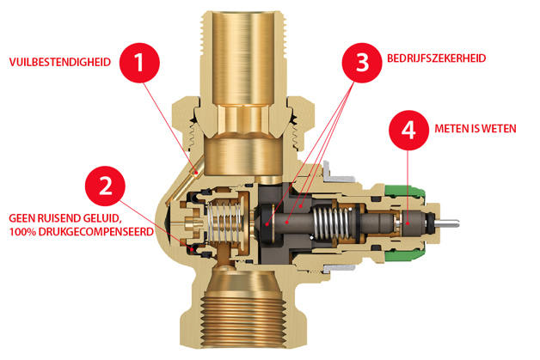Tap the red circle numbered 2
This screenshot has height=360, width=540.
[105, 186]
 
